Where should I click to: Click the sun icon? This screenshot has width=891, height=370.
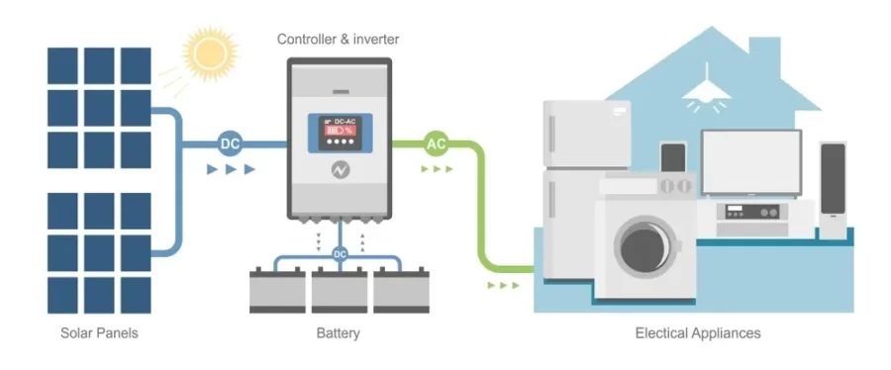pos(210,53)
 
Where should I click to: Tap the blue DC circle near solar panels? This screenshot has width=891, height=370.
pos(230,144)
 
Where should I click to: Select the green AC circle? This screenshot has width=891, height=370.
pos(436,144)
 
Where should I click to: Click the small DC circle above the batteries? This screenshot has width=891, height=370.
pos(340,254)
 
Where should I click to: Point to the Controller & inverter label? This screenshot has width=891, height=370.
pos(339,40)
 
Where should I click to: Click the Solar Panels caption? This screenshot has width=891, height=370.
pos(99,332)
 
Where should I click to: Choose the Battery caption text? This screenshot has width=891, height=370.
pos(339,332)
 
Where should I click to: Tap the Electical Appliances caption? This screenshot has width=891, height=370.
pos(698,332)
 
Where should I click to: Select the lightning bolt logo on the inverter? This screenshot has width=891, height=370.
pos(341,170)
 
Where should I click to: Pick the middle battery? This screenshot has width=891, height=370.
pos(340,290)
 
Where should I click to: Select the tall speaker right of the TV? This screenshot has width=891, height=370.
pos(833,190)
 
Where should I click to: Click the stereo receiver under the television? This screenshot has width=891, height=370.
pos(751,213)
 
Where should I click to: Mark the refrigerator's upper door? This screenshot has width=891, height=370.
pos(587,134)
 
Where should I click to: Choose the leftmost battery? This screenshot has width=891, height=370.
pos(277,290)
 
